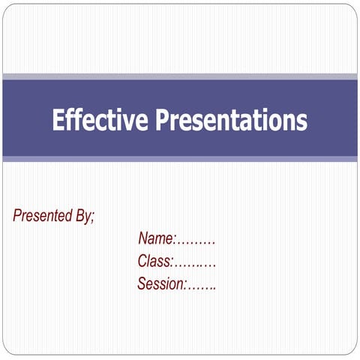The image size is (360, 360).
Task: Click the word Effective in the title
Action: [x=100, y=120]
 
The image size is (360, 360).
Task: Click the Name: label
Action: [x=157, y=239]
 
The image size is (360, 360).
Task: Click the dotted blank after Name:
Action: [x=196, y=242]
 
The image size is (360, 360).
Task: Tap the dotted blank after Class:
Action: [x=196, y=265]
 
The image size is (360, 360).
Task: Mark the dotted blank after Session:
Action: [x=202, y=287]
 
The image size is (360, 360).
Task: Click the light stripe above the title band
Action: [x=180, y=76]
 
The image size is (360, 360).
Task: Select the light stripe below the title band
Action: [x=180, y=159]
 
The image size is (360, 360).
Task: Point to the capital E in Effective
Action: [x=58, y=120]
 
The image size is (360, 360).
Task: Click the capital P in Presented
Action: [x=17, y=216]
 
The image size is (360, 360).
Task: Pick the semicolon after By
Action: [x=92, y=217]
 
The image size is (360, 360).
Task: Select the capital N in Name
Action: [x=143, y=239]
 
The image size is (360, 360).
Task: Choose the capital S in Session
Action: [x=142, y=284]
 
